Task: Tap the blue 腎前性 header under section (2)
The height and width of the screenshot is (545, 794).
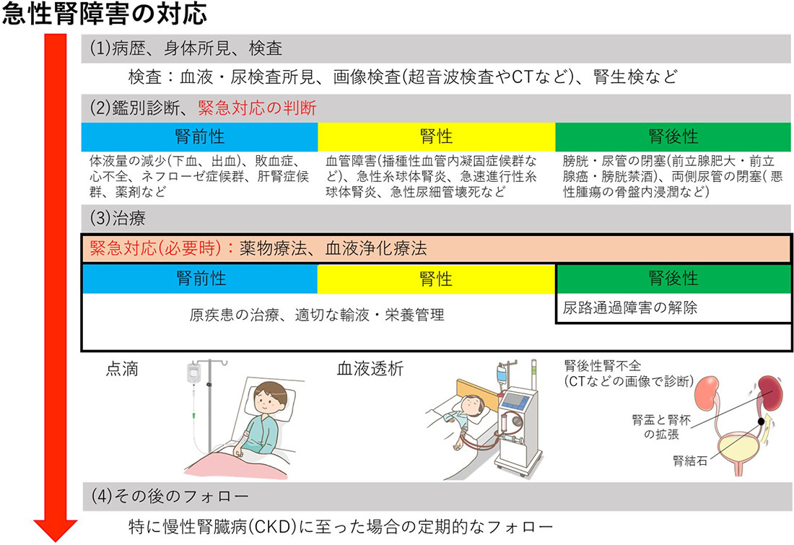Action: [x=200, y=136]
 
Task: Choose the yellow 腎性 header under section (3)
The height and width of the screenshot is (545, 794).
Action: [x=436, y=278]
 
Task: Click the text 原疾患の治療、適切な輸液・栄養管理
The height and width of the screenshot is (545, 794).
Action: [x=318, y=315]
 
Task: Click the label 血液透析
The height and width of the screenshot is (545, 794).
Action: [x=370, y=369]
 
